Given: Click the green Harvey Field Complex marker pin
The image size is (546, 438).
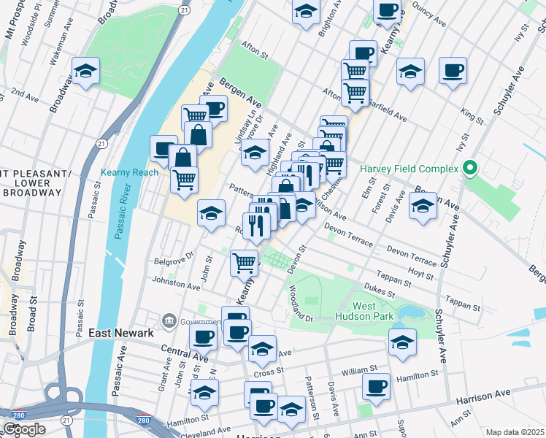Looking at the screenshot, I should click(x=470, y=169).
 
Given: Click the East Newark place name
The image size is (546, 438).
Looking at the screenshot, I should click(x=121, y=332).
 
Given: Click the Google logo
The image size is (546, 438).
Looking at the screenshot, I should click(x=24, y=429).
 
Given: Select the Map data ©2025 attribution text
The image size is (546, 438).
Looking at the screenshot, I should click(x=515, y=432).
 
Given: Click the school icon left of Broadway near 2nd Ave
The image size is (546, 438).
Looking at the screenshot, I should click(x=86, y=72).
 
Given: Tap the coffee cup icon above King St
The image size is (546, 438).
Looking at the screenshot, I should click(x=453, y=71).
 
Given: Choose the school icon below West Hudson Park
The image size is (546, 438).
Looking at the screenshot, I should click(x=402, y=342).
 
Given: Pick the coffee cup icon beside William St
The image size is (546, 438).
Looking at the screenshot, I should click(x=377, y=386).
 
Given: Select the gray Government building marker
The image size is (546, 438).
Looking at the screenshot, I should click(x=169, y=320).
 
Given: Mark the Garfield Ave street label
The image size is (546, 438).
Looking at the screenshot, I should click(x=388, y=109).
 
